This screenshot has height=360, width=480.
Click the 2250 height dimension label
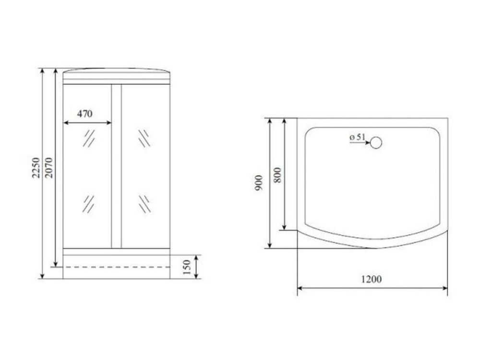point(36,168)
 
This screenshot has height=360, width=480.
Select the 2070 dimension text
point(48,168)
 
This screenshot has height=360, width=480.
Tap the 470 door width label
point(84,114)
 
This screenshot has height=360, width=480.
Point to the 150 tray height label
point(186,266)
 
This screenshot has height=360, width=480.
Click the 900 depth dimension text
point(259,183)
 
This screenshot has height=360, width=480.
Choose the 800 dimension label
point(277,175)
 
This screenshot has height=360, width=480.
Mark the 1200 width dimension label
point(372,279)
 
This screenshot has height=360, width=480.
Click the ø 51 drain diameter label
point(358,137)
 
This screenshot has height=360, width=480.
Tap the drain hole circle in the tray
point(376,143)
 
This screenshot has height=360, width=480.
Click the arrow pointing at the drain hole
point(360,143)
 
